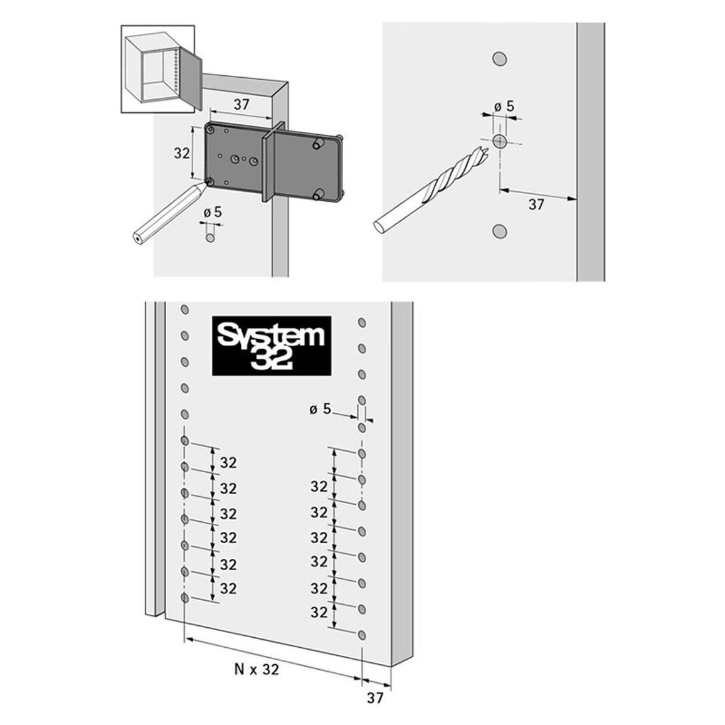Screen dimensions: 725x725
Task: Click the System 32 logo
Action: (272, 346)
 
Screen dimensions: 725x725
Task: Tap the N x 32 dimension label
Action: (257, 669)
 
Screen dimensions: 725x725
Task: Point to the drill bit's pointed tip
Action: (487, 149)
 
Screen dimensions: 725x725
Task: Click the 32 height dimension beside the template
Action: (182, 152)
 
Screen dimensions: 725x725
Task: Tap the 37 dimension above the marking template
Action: (241, 105)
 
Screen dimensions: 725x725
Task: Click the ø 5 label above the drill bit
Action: (504, 107)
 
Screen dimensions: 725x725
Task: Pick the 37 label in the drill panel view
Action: (536, 204)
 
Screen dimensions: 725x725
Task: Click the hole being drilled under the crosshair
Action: (499, 141)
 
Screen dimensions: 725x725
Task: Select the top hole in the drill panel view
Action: (499, 59)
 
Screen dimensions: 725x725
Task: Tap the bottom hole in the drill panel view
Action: (499, 231)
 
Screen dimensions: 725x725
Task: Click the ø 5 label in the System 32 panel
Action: (320, 409)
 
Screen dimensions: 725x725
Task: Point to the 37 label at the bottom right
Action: (375, 698)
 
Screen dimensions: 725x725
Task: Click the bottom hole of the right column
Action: (362, 635)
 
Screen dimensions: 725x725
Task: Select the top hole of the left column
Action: (184, 309)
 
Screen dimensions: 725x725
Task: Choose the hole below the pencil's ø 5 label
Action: (210, 238)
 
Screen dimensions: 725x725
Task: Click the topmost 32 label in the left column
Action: (228, 462)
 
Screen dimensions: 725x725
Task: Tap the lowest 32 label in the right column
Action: (319, 612)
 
